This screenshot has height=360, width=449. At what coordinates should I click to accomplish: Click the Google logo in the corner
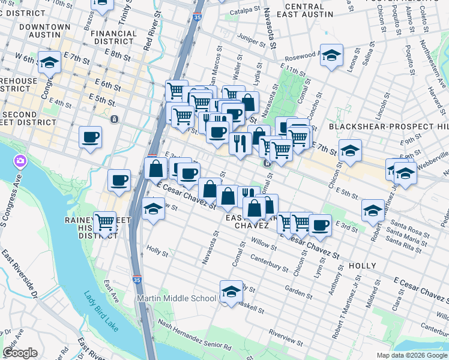pos(20,353)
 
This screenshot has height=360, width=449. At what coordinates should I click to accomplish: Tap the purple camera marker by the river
pos(20,161)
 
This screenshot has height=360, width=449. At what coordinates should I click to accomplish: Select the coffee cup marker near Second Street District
pos(90,137)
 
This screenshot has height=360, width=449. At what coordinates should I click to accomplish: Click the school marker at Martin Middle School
pos(231,292)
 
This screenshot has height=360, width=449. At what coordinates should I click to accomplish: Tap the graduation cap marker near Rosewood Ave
pos(330,55)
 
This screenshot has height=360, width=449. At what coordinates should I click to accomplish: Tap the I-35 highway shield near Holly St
pos(137,279)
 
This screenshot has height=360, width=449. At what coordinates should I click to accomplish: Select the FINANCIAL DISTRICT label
pos(113,37)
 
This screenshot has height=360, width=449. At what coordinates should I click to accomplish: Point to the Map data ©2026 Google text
pos(412,355)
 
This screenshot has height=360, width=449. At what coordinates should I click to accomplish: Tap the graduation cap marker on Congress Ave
pos(49,62)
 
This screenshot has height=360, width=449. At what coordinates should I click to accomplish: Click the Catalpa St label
pos(245,11)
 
